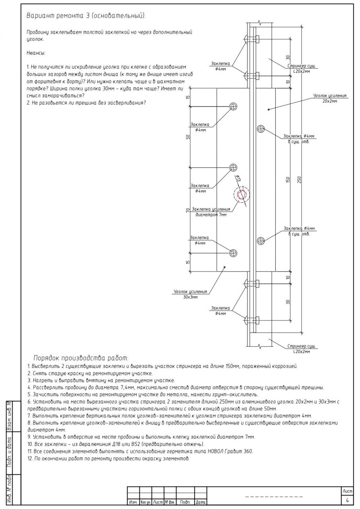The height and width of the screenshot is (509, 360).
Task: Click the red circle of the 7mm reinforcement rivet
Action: coord(241,194)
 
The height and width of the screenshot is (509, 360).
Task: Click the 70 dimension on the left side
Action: coord(188,210)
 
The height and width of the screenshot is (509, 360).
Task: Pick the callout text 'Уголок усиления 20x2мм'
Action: coord(330,99)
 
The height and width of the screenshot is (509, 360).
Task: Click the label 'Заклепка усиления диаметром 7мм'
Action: coord(211,212)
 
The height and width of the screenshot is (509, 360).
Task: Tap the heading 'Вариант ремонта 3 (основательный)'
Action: coord(86,16)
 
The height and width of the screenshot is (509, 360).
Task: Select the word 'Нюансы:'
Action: coord(36,52)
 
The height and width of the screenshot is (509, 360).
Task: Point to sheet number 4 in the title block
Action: coord(347,500)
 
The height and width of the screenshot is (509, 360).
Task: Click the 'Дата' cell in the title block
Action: coord(200,503)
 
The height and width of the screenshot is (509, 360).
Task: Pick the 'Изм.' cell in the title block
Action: coord(134,503)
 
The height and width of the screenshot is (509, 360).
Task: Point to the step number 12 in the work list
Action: coord(30,458)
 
